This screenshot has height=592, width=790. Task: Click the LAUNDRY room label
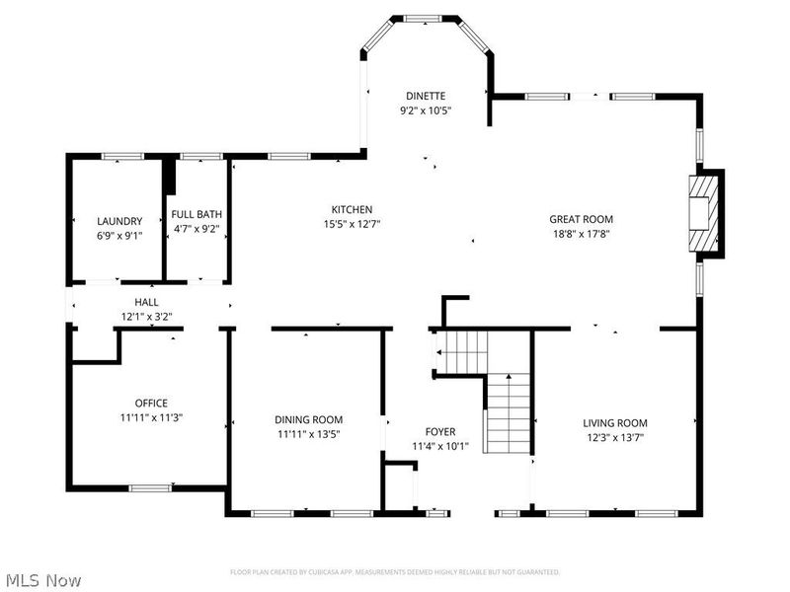(119, 221)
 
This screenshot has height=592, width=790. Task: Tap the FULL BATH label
(197, 214)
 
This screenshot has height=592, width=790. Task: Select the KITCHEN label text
(352, 209)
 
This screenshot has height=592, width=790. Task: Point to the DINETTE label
(426, 96)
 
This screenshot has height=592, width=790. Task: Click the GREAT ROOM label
(582, 219)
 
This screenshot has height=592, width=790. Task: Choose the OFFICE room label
(151, 403)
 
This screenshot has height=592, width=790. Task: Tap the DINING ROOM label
(307, 419)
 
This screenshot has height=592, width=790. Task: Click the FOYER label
(440, 432)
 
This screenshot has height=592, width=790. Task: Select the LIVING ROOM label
(614, 422)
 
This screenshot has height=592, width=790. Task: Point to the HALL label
(146, 302)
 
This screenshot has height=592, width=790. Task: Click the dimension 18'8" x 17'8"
(582, 234)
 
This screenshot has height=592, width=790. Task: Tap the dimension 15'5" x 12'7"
(352, 224)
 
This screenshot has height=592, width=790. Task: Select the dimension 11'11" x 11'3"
(151, 417)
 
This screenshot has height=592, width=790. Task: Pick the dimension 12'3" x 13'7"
(614, 437)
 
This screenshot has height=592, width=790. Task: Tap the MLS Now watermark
(43, 580)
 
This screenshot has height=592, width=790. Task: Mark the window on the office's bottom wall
(150, 487)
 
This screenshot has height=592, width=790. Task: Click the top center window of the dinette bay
(426, 18)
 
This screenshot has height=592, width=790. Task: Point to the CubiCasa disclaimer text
(395, 572)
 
